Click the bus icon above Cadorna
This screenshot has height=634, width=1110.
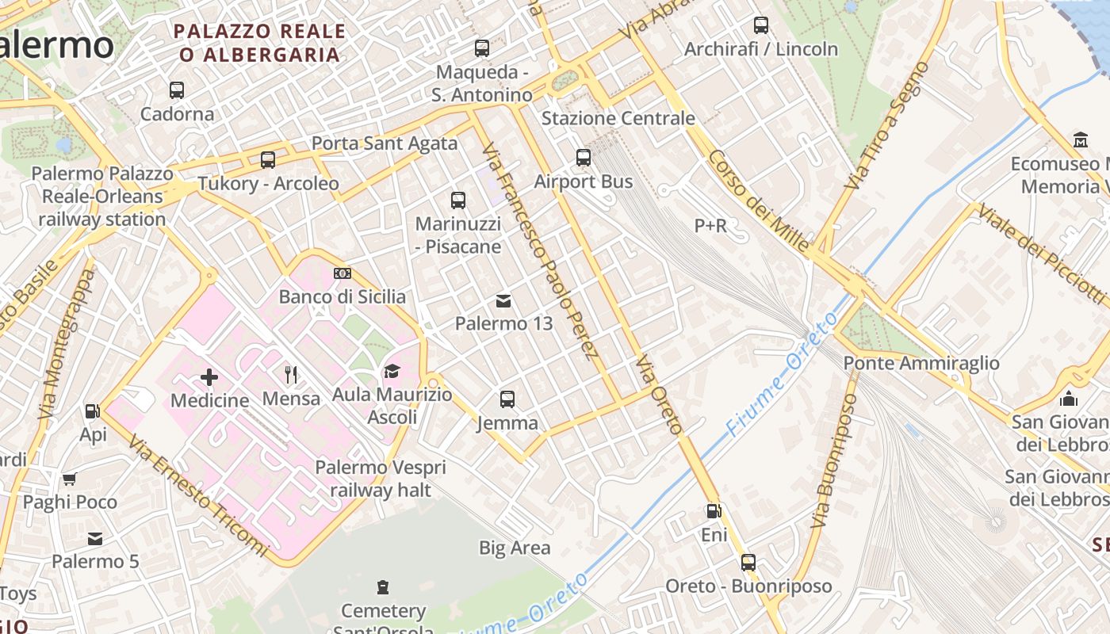point(177,90)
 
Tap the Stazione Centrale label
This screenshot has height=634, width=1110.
point(618,118)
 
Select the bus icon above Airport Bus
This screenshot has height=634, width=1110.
point(584,158)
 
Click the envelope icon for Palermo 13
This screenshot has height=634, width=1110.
point(503,301)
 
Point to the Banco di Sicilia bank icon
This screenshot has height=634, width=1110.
point(343,273)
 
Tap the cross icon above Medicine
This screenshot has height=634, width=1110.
point(209,377)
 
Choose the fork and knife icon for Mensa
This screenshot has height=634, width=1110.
point(291,375)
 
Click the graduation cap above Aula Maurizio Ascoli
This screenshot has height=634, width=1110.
point(392,371)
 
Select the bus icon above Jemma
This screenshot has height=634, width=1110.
point(507,399)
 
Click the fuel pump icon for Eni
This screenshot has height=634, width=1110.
point(714,512)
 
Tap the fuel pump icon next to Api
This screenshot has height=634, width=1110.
point(92,411)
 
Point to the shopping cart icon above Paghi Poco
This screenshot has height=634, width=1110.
point(69,479)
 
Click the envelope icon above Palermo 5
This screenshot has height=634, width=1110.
point(95,539)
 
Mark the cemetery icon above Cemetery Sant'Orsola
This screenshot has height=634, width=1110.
point(383,587)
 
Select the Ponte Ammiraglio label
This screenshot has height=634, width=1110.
point(921,363)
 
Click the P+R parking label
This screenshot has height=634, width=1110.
point(710,226)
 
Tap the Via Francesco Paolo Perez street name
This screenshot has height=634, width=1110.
point(539,250)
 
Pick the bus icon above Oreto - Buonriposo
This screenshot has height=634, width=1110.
point(748,563)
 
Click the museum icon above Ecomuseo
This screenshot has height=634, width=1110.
point(1080,140)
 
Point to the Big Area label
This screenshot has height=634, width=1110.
point(515,548)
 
